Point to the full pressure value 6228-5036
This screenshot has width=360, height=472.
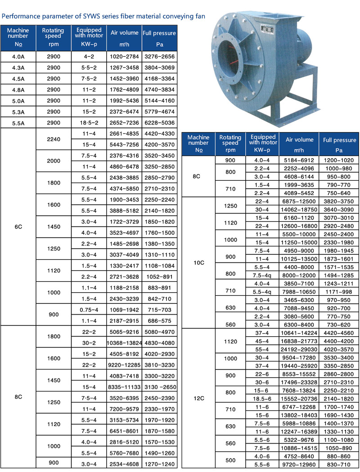click(159, 122)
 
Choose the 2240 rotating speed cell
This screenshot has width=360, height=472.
click(53, 139)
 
